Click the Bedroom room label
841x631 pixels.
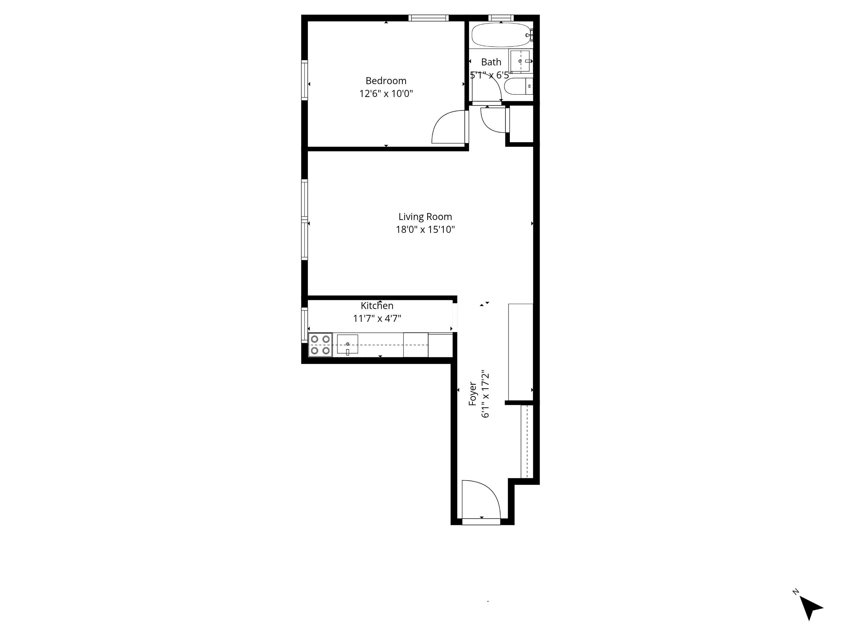coord(386,81)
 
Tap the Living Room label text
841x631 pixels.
coord(425,217)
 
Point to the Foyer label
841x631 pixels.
coord(472,394)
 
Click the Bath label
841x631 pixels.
coord(491,62)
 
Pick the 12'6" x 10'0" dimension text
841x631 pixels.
coord(386,93)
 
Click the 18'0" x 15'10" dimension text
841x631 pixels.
coord(425,230)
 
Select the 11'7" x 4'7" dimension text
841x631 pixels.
coord(377,319)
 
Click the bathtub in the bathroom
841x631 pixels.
coord(500,35)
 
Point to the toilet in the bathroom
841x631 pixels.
coord(518,86)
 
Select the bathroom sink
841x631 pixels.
coord(520,61)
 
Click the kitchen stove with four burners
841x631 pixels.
coord(320,345)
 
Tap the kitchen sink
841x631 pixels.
coord(347,344)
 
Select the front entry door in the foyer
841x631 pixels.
coord(481,500)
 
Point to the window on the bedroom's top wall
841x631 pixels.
coord(428,18)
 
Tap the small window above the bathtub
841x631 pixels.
coord(501,18)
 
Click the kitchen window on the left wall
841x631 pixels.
coord(304,325)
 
